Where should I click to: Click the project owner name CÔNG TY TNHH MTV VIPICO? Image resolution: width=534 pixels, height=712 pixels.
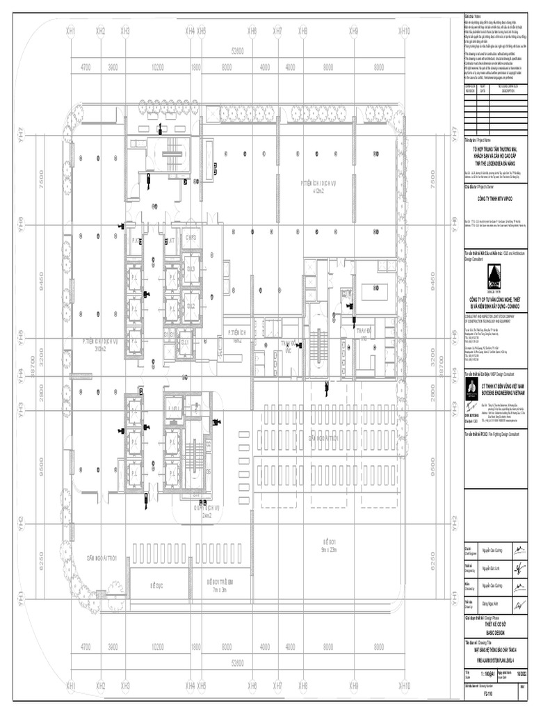pyautogui.click(x=494, y=199)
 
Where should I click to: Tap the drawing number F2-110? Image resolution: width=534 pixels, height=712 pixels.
pyautogui.click(x=478, y=693)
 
